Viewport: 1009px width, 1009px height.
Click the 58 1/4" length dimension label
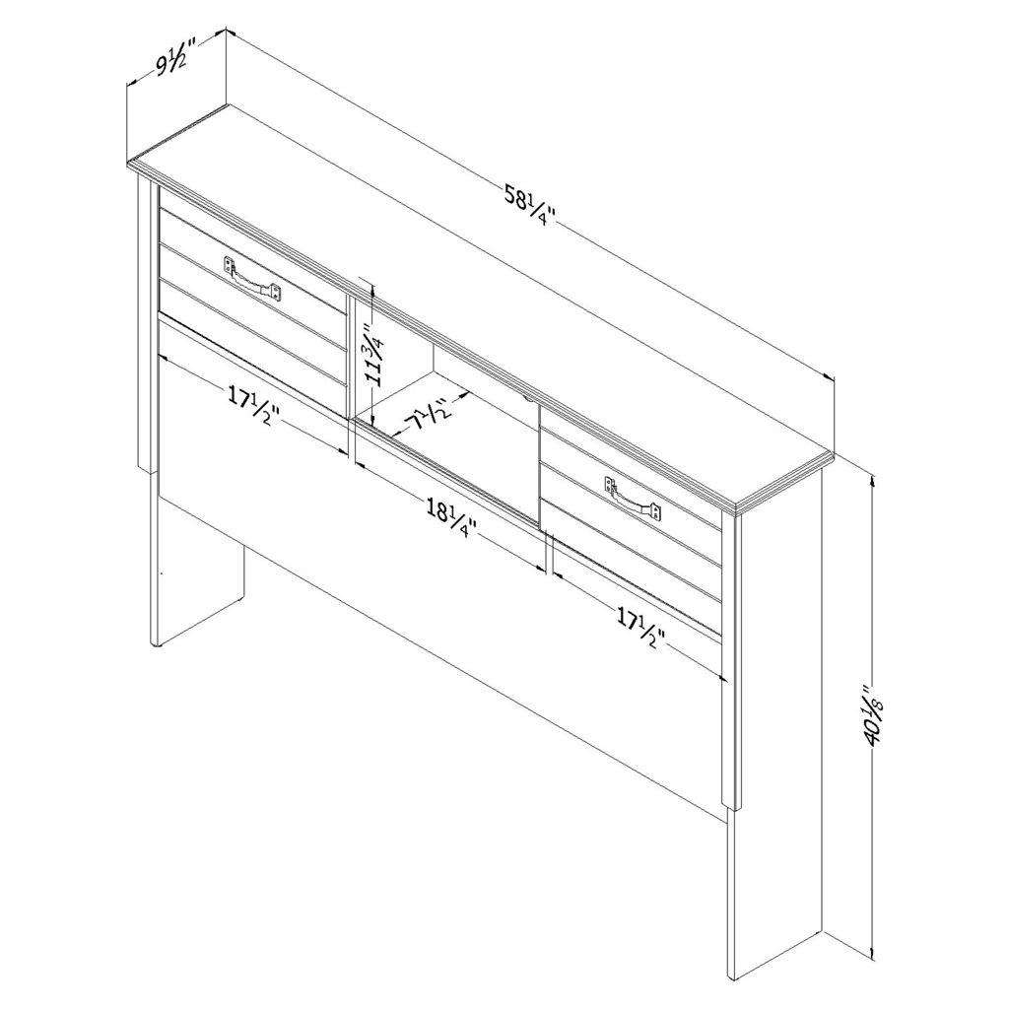pos(529,207)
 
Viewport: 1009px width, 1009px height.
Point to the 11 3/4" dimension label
pos(373,363)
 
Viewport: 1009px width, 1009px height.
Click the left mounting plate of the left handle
pos(229,265)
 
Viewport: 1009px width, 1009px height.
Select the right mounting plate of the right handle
pos(655,510)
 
